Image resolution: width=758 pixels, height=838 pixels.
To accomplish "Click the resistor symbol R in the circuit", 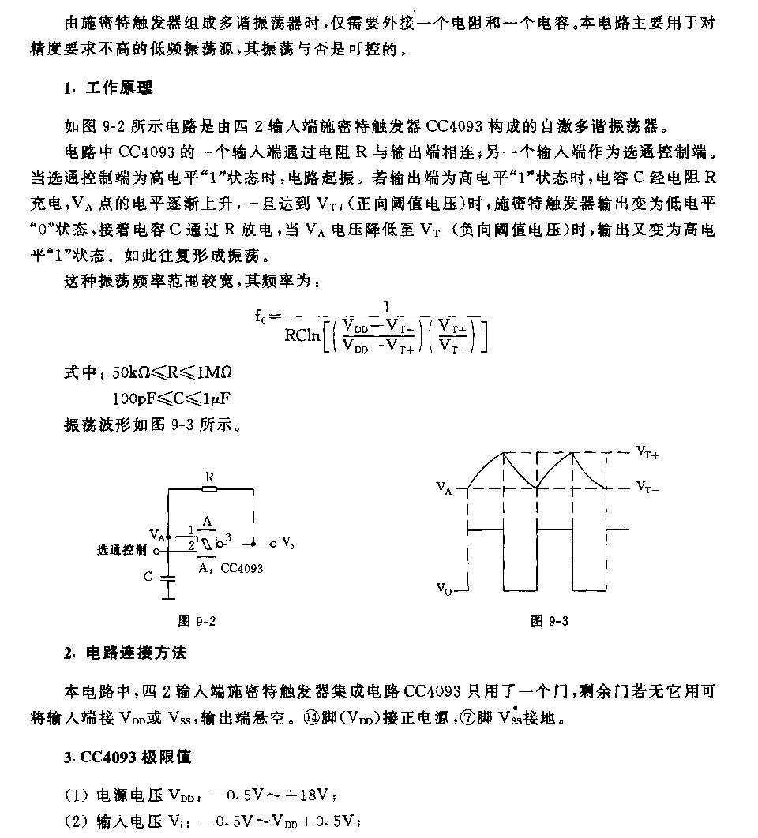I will click(210, 489).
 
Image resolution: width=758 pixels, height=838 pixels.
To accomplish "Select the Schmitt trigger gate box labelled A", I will click(208, 542).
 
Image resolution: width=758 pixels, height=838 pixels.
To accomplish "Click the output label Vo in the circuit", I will click(288, 543).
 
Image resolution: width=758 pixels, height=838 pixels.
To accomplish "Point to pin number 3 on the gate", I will click(229, 537).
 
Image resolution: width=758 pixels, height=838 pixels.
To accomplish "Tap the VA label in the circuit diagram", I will click(156, 537).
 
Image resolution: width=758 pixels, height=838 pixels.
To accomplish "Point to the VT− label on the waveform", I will click(647, 488).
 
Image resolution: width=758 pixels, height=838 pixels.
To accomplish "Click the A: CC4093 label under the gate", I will click(231, 567).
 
